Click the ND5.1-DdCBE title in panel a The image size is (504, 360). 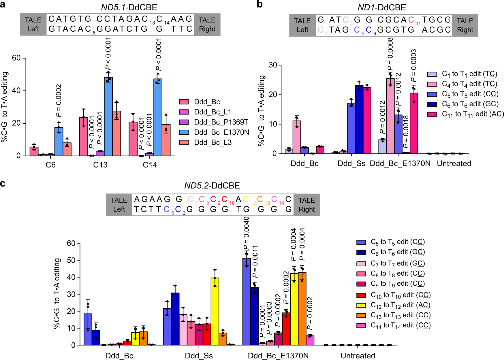pyautogui.click(x=129, y=7)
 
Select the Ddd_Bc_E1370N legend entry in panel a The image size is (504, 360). pyautogui.click(x=221, y=132)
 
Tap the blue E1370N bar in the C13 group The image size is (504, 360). pyautogui.click(x=108, y=116)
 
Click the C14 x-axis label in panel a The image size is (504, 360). pyautogui.click(x=150, y=165)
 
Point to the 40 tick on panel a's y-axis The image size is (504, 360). pyautogui.click(x=16, y=91)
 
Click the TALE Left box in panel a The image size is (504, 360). pyautogui.click(x=33, y=24)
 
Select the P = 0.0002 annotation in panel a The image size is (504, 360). pyautogui.click(x=59, y=101)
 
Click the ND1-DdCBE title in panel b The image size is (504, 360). pyautogui.click(x=382, y=7)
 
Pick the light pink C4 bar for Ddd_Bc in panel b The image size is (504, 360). pyautogui.click(x=297, y=137)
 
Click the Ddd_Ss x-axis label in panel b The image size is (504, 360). pyautogui.click(x=351, y=163)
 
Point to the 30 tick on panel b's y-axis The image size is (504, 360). pyautogui.click(x=273, y=65)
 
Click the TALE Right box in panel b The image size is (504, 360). pyautogui.click(x=465, y=25)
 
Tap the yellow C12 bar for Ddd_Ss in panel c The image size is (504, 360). pyautogui.click(x=215, y=311)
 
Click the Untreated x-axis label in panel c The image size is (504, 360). pyautogui.click(x=358, y=355)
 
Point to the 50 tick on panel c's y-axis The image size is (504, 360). pyautogui.click(x=71, y=260)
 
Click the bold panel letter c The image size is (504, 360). pyautogui.click(x=3, y=183)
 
